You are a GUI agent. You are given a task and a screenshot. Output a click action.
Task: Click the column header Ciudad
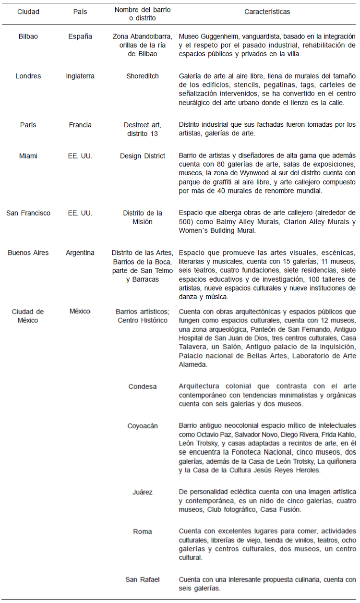point(28,12)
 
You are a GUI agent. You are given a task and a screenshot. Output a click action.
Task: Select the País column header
point(80,12)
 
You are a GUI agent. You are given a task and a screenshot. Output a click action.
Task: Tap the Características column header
point(267,12)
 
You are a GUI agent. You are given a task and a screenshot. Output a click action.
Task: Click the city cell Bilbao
point(28,36)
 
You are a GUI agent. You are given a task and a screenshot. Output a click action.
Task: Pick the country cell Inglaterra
point(80,76)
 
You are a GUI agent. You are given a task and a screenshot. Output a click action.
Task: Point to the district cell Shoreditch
point(142,76)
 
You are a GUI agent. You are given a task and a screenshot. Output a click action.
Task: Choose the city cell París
point(28,125)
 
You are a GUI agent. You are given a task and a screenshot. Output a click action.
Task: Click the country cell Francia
point(80,125)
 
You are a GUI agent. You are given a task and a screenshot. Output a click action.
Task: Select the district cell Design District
point(142,156)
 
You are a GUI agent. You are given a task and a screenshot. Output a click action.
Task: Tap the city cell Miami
point(28,156)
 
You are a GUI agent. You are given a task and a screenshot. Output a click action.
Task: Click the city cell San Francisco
point(28,213)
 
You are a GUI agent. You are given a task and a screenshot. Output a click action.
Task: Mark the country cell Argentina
point(80,253)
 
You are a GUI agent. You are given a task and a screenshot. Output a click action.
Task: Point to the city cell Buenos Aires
point(28,253)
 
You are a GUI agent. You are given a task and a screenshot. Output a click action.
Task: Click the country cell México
point(80,312)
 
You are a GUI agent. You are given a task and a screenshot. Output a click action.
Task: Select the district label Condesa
point(142,386)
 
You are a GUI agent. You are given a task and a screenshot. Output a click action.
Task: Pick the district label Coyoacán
point(142,426)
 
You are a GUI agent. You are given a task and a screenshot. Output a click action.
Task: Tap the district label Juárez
point(142,492)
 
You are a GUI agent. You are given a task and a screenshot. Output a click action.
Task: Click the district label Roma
point(142,531)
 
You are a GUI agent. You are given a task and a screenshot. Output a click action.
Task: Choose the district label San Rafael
point(142,579)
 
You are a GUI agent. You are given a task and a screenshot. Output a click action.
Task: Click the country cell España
point(80,36)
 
